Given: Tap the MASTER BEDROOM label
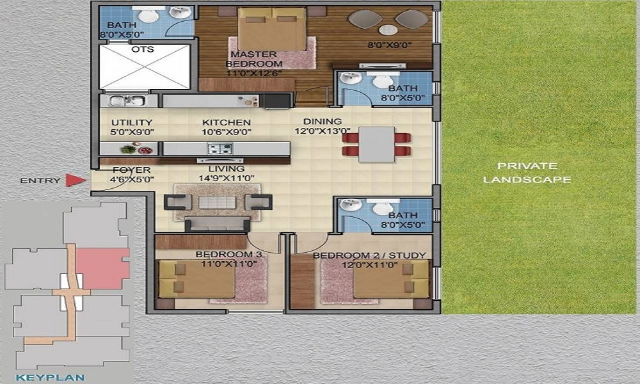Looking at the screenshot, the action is click(x=254, y=59).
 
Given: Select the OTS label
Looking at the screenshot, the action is click(x=143, y=49).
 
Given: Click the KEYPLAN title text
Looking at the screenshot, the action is click(x=50, y=378).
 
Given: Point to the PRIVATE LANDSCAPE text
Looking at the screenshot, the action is click(x=527, y=173).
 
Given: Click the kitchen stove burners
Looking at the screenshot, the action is click(x=220, y=148).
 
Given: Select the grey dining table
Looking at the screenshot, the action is click(x=376, y=144).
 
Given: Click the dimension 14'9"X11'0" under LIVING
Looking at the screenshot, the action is click(x=227, y=178).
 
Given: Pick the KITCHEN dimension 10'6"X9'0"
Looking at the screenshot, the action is click(x=226, y=132).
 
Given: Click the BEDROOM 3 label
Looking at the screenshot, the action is click(x=228, y=255).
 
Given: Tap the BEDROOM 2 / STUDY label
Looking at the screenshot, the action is click(x=369, y=255).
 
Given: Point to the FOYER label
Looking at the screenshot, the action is click(x=131, y=170).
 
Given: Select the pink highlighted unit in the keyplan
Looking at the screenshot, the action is click(x=103, y=268).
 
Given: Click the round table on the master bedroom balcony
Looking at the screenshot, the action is click(x=388, y=30).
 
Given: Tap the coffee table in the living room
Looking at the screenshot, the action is click(x=217, y=202).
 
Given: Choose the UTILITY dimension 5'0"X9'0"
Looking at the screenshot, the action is click(x=132, y=132).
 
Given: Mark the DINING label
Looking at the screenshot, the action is click(x=323, y=122).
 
